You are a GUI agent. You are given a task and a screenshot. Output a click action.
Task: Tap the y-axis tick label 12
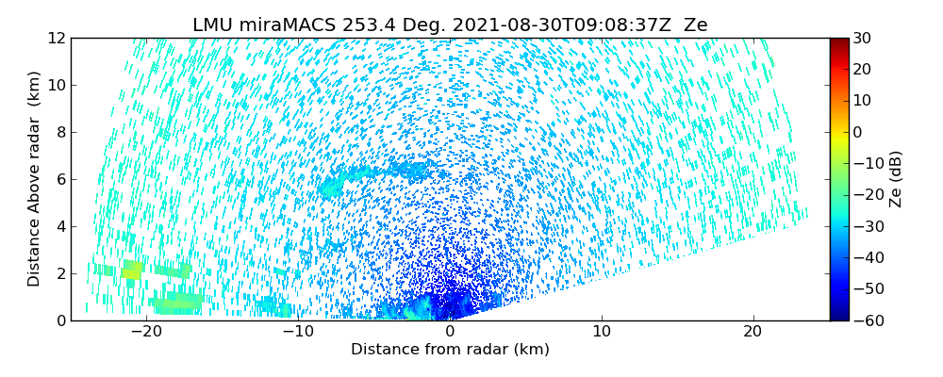56,39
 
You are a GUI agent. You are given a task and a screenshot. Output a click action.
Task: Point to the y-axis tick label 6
59,179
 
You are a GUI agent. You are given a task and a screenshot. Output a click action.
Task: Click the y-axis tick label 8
59,133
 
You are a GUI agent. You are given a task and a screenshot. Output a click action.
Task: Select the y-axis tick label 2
59,273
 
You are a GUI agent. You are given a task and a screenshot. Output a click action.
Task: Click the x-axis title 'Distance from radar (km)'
450,350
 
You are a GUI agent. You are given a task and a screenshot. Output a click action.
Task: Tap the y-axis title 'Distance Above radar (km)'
35,179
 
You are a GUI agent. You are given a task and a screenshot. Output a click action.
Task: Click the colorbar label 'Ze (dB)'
896,179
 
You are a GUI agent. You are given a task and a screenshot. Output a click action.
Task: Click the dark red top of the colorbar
839,41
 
